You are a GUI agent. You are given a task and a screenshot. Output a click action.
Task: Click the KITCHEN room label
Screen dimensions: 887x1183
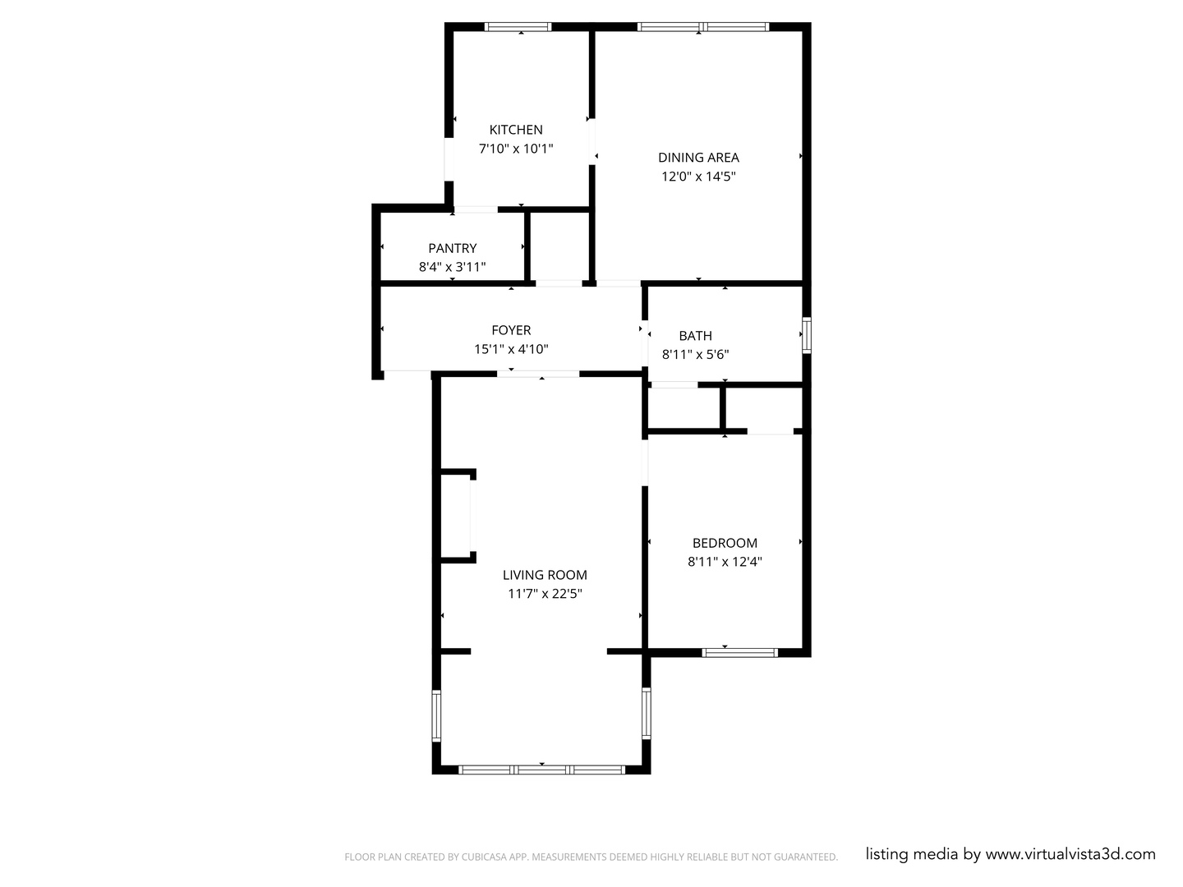pyautogui.click(x=516, y=130)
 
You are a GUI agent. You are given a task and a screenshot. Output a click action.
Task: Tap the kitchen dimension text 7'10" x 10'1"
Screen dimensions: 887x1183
pyautogui.click(x=516, y=149)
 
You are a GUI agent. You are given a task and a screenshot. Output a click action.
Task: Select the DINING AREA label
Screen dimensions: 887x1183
pyautogui.click(x=698, y=158)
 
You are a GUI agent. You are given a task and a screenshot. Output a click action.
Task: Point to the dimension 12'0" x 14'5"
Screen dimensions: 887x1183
pyautogui.click(x=698, y=177)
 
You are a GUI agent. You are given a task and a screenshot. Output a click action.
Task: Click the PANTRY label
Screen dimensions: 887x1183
pyautogui.click(x=452, y=248)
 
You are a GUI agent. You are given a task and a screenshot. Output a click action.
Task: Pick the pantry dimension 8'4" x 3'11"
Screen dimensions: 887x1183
pyautogui.click(x=452, y=267)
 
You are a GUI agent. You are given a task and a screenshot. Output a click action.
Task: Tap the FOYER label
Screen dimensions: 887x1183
pyautogui.click(x=511, y=330)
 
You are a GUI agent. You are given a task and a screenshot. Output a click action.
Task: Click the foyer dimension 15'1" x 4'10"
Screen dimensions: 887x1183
pyautogui.click(x=511, y=349)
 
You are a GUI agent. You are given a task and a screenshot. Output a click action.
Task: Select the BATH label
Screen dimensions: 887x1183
pyautogui.click(x=695, y=336)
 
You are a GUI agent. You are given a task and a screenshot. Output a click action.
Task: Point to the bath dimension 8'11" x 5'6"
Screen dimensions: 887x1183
pyautogui.click(x=695, y=355)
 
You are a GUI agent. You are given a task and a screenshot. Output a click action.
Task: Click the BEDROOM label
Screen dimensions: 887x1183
pyautogui.click(x=725, y=543)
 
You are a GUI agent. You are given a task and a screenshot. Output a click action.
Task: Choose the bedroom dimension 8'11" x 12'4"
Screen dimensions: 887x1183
pyautogui.click(x=725, y=562)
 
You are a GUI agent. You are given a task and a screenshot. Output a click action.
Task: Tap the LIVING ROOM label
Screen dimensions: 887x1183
pyautogui.click(x=545, y=575)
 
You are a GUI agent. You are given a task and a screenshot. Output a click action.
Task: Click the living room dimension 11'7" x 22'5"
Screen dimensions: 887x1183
pyautogui.click(x=545, y=594)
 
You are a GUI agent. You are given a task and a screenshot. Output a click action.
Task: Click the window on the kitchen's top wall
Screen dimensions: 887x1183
pyautogui.click(x=518, y=27)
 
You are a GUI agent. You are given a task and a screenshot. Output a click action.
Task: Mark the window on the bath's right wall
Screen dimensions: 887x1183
pyautogui.click(x=807, y=335)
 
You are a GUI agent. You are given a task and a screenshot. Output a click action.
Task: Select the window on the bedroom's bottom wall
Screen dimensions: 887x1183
pyautogui.click(x=739, y=653)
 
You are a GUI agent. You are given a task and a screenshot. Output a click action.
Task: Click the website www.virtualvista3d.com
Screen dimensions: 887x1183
pyautogui.click(x=1070, y=854)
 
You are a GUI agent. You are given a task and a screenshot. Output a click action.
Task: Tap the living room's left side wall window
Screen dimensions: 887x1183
pyautogui.click(x=437, y=715)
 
